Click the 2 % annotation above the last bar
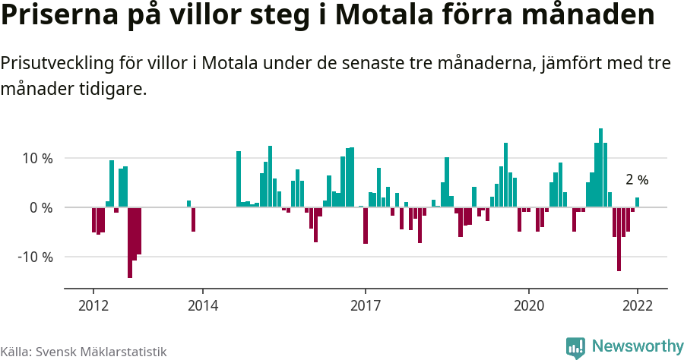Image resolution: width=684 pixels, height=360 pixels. [x=637, y=180]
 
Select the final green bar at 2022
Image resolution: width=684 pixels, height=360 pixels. [x=638, y=202]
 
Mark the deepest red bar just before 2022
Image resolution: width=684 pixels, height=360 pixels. [x=619, y=238]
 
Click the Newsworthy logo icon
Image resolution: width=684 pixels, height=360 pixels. [x=575, y=347]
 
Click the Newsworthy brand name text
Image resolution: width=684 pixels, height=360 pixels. [x=637, y=346]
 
